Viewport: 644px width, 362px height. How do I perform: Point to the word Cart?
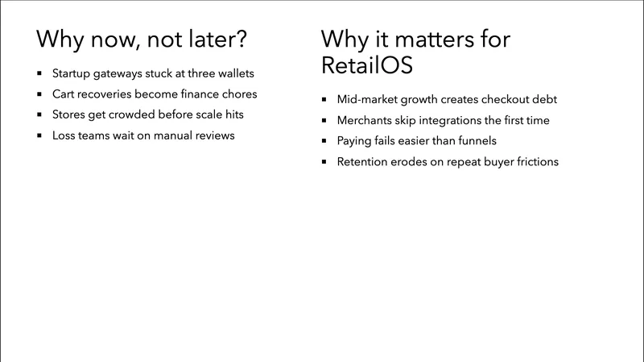click(65, 94)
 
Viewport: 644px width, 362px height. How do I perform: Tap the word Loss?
click(65, 135)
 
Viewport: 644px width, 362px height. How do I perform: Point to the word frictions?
click(531, 162)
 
